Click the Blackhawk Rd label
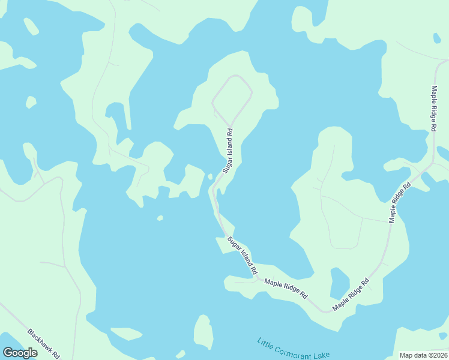pyautogui.click(x=44, y=343)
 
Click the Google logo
pyautogui.click(x=20, y=353)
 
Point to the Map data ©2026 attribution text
pyautogui.click(x=423, y=355)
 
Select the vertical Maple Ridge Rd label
pyautogui.click(x=433, y=108)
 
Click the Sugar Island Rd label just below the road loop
pyautogui.click(x=229, y=151)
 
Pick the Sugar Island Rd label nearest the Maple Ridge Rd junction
pyautogui.click(x=242, y=253)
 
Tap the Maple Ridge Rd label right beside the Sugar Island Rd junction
pyautogui.click(x=286, y=289)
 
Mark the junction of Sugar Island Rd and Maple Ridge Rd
pyautogui.click(x=257, y=278)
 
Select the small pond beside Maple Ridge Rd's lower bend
pyautogui.click(x=339, y=281)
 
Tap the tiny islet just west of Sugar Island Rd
pyautogui.click(x=209, y=176)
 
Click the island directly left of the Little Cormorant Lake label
pyautogui.click(x=203, y=332)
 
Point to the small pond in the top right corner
pyautogui.click(x=437, y=38)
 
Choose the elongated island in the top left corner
pyautogui.click(x=31, y=26)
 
